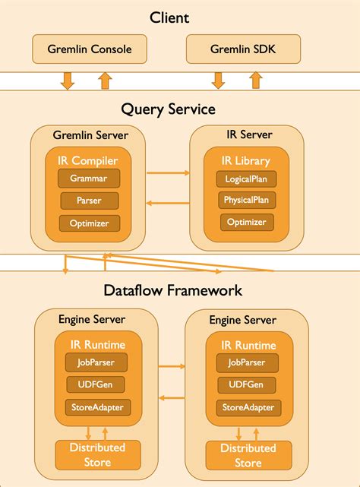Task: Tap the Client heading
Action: tap(180, 17)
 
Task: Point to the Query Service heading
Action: tap(180, 109)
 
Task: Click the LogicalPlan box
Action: tap(246, 179)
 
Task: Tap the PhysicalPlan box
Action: tap(246, 201)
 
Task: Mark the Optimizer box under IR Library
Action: tap(246, 222)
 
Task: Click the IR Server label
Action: tap(245, 135)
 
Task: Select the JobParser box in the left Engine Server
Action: tap(96, 363)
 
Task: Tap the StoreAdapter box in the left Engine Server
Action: tap(96, 407)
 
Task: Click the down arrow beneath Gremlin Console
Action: tap(68, 80)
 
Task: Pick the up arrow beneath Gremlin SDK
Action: tap(255, 80)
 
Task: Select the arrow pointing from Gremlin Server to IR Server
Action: tap(168, 174)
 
